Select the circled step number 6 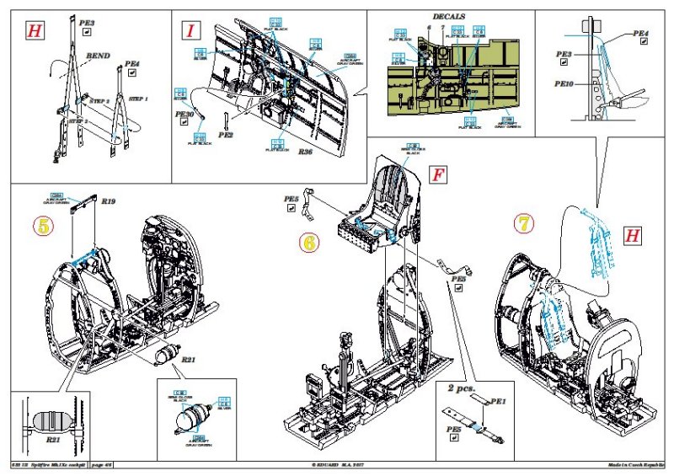coord(310,243)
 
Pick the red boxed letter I coord(193,31)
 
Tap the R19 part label coord(109,202)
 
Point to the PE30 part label coord(185,113)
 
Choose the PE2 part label coord(226,133)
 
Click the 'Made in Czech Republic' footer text coord(636,465)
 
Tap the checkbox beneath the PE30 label coord(184,124)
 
